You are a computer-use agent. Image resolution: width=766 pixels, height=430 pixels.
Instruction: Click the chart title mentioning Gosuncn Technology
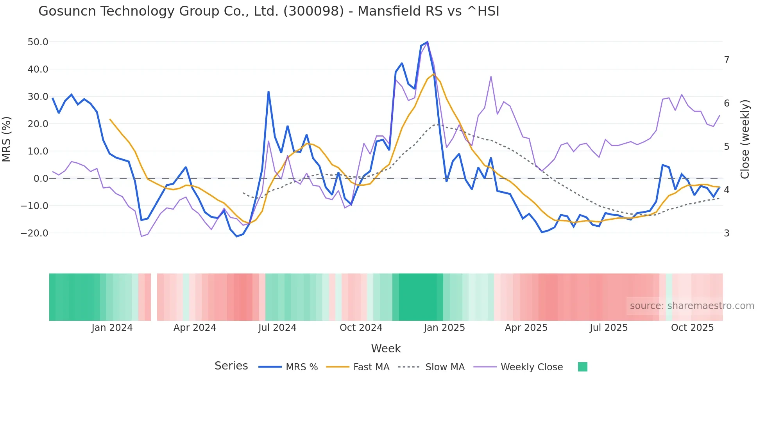[268, 11]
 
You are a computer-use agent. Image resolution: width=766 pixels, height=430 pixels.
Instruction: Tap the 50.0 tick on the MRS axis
[38, 42]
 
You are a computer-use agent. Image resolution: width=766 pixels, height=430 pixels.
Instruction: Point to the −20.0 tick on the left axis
[34, 233]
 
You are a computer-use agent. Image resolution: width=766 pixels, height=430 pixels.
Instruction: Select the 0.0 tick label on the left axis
[41, 179]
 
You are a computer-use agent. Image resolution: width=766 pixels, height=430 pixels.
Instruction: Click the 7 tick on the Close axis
[727, 60]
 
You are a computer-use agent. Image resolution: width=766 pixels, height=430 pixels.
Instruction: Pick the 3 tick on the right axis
[727, 233]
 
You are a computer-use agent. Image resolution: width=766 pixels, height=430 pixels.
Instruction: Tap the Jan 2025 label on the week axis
[444, 328]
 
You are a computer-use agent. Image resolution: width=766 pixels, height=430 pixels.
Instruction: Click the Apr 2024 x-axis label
[195, 328]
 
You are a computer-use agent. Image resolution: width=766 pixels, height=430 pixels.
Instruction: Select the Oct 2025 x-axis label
[692, 328]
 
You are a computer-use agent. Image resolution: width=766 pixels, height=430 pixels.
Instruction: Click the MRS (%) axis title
[7, 139]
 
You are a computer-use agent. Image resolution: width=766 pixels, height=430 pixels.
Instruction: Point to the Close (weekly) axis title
[745, 139]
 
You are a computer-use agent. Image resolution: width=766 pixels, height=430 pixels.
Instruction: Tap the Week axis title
[386, 348]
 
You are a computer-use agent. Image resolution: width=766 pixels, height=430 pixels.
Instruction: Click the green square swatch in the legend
[582, 367]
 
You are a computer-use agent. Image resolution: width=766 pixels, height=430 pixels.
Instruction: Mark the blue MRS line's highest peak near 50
[427, 42]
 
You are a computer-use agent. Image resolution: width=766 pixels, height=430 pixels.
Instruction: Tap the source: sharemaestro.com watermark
[692, 306]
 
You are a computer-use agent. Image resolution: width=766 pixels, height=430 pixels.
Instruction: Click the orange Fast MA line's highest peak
[433, 74]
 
